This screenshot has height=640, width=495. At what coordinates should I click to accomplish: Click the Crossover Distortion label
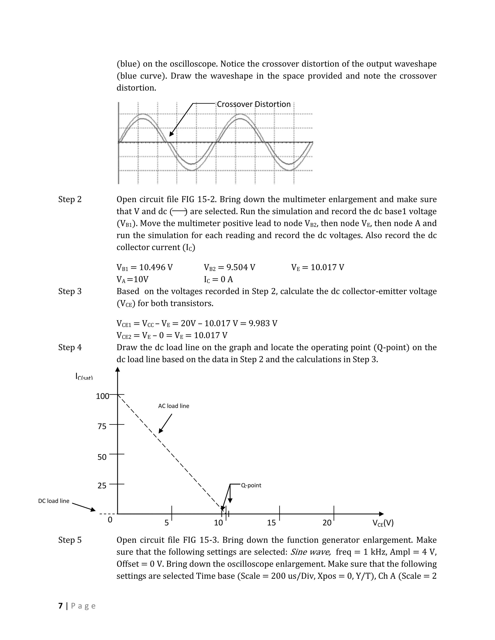(254, 104)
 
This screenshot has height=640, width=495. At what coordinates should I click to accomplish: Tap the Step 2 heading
(70, 199)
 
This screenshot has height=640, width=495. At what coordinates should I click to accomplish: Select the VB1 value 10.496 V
(156, 267)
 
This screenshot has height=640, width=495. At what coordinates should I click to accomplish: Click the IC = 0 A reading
(218, 279)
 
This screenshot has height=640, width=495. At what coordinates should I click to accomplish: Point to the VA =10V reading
(132, 279)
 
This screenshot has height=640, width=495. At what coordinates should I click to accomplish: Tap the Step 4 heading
(70, 347)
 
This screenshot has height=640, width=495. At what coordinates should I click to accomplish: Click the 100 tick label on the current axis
(102, 396)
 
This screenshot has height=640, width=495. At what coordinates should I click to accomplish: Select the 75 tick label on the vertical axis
(102, 426)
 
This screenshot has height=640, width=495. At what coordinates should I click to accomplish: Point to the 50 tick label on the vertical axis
(102, 457)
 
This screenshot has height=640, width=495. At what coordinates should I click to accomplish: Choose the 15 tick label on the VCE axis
(271, 523)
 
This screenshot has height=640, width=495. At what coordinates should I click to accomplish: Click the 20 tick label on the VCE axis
(327, 523)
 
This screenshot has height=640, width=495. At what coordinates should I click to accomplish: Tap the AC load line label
(174, 406)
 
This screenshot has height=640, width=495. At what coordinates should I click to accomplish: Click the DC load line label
(54, 501)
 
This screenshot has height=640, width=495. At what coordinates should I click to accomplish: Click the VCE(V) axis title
(383, 523)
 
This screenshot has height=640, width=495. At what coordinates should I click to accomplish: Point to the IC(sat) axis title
(84, 377)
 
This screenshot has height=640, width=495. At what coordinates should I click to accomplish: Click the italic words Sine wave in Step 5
(311, 552)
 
